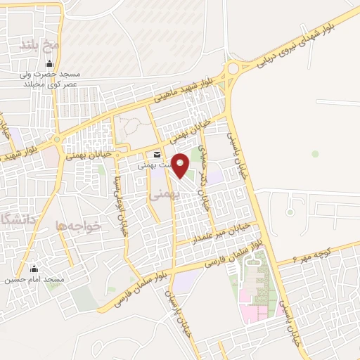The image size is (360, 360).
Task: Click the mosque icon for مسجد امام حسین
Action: [33, 269]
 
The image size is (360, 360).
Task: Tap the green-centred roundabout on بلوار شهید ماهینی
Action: [56, 140]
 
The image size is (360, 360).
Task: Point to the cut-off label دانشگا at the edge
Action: [13, 220]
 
